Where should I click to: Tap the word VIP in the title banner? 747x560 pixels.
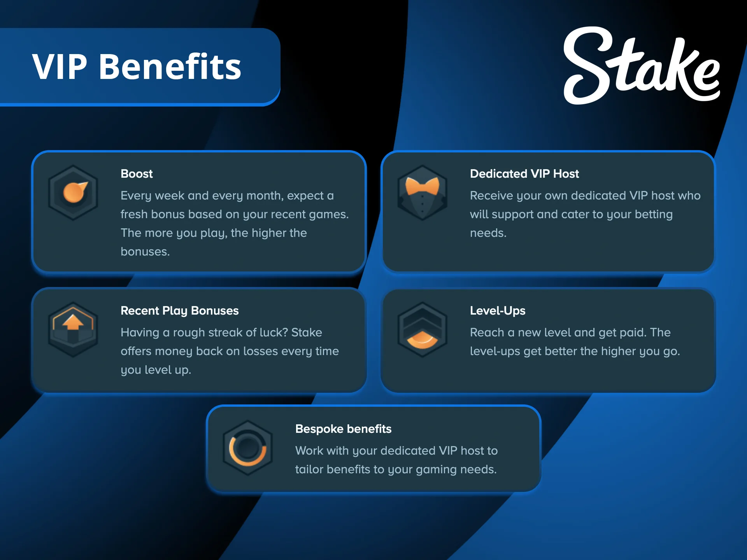tap(59, 67)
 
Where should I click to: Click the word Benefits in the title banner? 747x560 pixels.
tap(170, 67)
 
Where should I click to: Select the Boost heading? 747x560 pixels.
tap(137, 174)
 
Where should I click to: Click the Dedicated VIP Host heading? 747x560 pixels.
tap(524, 174)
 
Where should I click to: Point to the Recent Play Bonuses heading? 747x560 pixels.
tap(179, 311)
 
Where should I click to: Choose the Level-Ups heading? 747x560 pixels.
tap(497, 311)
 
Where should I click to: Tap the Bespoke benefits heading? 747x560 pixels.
tap(343, 429)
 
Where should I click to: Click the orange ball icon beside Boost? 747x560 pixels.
tap(74, 192)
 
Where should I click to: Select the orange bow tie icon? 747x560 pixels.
tap(422, 186)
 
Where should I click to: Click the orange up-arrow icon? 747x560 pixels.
tap(73, 322)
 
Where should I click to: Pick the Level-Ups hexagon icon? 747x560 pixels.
tap(422, 330)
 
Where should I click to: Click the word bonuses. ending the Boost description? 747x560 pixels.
tap(145, 252)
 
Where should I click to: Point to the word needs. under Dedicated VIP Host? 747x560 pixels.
tap(488, 233)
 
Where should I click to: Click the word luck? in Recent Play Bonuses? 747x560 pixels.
tap(274, 332)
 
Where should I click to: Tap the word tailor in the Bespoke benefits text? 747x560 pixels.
tap(309, 469)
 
